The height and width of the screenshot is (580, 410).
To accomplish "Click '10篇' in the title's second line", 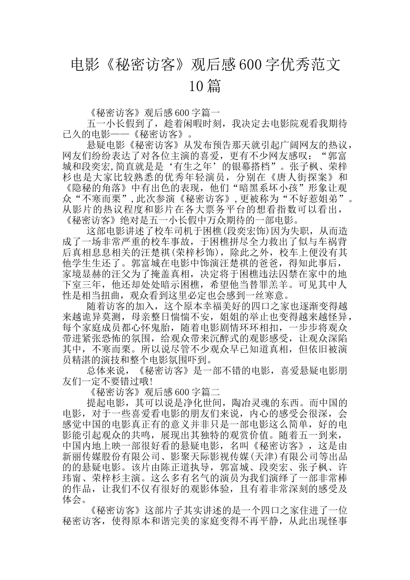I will coord(205,86).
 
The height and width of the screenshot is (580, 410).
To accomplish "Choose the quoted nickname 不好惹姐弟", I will coord(316,199).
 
